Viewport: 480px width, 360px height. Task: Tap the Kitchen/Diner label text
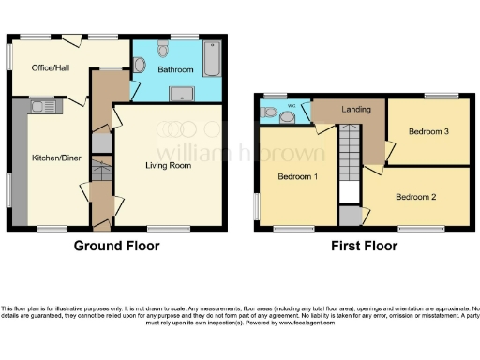pos(52,158)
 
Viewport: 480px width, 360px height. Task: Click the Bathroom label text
pos(175,70)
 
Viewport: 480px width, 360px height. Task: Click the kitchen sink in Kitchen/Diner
pos(44,106)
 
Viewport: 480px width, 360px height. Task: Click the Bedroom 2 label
pos(416,197)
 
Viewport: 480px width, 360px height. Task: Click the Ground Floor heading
pos(117,246)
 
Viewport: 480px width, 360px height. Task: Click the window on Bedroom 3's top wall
pos(438,96)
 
